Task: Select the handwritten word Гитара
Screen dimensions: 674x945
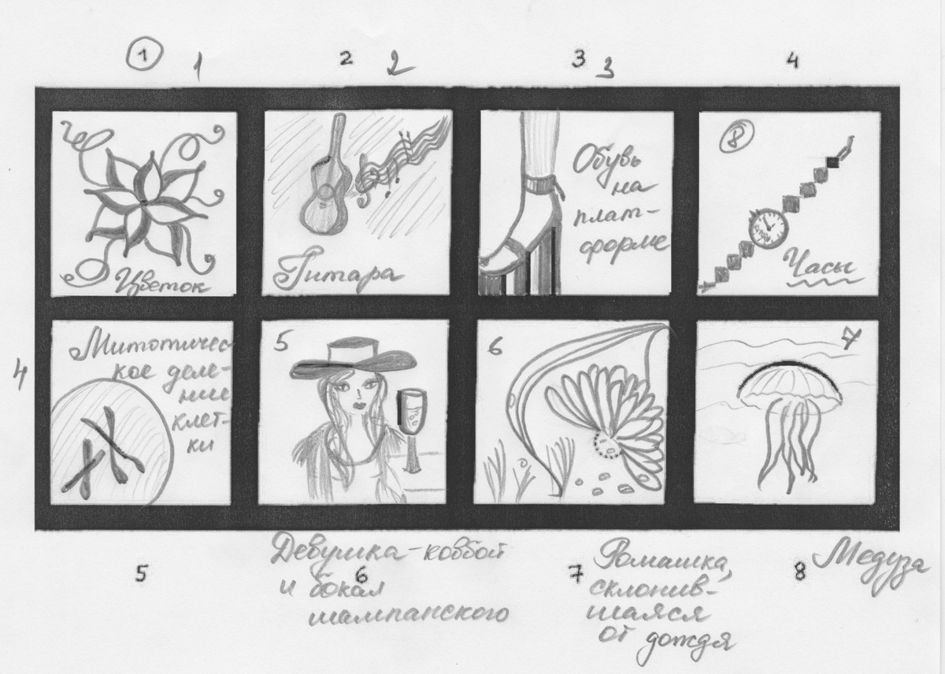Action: (x=332, y=275)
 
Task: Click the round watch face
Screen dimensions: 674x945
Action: (x=769, y=228)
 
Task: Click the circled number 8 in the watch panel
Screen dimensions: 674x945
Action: (x=735, y=139)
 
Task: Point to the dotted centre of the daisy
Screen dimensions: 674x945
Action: (x=607, y=447)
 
